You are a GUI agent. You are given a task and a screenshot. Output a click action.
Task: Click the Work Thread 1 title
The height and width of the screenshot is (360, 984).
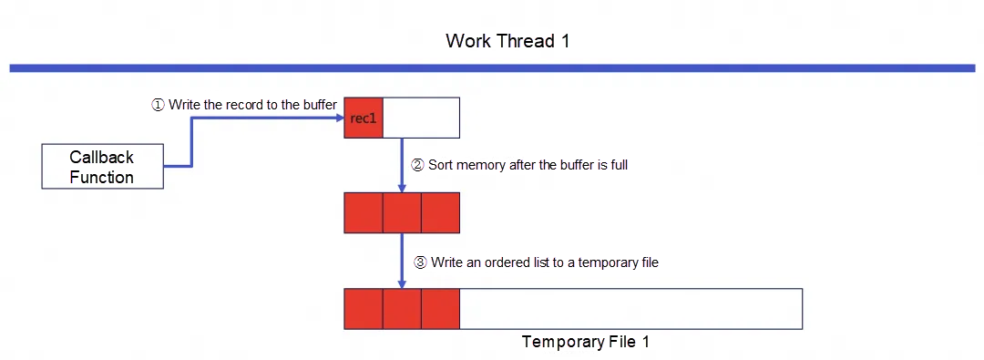tap(507, 41)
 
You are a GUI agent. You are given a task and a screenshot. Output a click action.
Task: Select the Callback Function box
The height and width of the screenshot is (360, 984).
tap(102, 167)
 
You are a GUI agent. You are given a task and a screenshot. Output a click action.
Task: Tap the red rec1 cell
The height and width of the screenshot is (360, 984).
tap(364, 118)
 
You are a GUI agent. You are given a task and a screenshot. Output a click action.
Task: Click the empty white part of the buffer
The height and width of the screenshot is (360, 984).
tap(421, 118)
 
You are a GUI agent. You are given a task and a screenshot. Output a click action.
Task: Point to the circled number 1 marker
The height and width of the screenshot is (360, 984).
tap(158, 105)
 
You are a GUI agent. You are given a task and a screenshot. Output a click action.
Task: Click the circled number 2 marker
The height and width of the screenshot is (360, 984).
tap(417, 165)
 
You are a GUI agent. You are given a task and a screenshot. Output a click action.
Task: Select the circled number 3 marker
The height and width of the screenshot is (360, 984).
tap(420, 262)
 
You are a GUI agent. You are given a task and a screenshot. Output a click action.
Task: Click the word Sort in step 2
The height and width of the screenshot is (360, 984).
tap(441, 165)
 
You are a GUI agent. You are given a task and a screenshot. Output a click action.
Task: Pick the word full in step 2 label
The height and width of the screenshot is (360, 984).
tap(619, 165)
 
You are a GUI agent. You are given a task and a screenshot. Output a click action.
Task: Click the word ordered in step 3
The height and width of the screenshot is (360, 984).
tap(489, 262)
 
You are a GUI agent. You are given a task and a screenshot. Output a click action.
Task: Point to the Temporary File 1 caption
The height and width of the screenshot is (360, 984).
tap(585, 343)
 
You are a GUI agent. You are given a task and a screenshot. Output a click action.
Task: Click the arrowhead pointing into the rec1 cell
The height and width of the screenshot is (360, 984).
tap(340, 117)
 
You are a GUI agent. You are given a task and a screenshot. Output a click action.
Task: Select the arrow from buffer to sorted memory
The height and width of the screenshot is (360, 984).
tap(402, 165)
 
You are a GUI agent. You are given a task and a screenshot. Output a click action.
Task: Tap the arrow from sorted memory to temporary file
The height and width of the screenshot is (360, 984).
tap(402, 261)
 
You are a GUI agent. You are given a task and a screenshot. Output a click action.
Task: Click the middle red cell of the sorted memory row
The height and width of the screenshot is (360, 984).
tap(402, 213)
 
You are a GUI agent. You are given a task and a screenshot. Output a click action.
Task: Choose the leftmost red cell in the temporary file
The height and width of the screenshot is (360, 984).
tap(364, 309)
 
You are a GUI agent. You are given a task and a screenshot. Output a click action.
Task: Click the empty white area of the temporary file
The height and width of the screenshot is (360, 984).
tap(630, 309)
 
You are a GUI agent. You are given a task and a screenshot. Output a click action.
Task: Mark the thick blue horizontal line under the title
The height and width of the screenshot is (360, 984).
tap(492, 67)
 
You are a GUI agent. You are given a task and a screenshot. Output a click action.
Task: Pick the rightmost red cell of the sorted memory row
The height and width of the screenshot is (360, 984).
tap(441, 213)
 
